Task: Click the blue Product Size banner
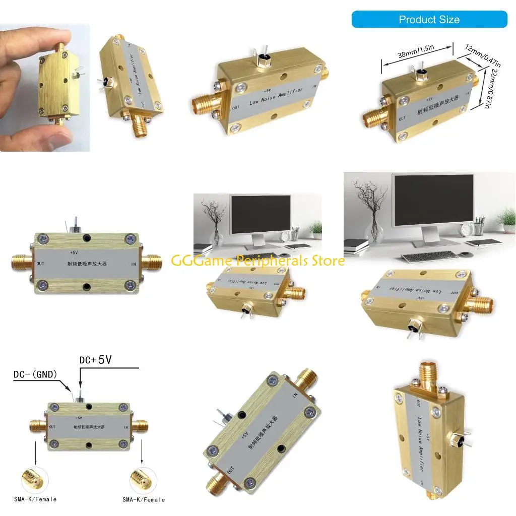pos(429,20)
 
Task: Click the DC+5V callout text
pos(95,360)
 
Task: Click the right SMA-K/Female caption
pos(144,499)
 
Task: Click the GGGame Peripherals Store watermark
pos(257,261)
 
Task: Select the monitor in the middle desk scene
pos(260,214)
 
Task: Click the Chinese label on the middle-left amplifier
pos(87,264)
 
